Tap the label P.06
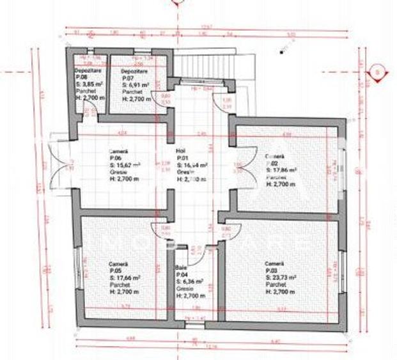114,157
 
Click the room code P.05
114,271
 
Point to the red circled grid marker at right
378,72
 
